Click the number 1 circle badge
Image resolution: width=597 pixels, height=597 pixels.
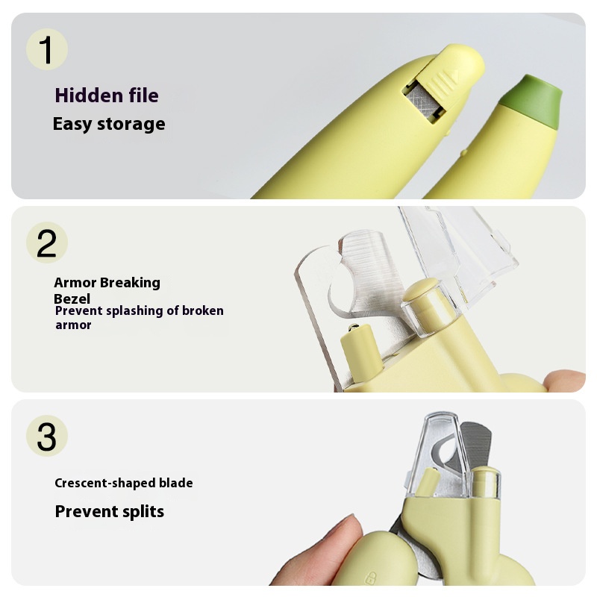(x=47, y=49)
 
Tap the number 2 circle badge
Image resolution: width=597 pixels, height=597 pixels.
(x=47, y=243)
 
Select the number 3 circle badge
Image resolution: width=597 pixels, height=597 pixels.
(x=47, y=436)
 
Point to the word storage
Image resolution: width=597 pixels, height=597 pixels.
(x=131, y=125)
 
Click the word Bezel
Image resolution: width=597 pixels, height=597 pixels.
(x=72, y=299)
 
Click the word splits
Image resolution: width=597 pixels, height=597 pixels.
(x=143, y=512)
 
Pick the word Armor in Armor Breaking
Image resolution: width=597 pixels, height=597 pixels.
(x=75, y=283)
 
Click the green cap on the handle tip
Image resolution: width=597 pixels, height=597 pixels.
(x=531, y=101)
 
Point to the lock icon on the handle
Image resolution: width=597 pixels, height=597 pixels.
(x=370, y=578)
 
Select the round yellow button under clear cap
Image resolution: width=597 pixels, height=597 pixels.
(x=421, y=290)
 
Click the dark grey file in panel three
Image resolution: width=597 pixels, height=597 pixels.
(x=476, y=446)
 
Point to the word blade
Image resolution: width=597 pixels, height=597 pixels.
(x=176, y=483)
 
